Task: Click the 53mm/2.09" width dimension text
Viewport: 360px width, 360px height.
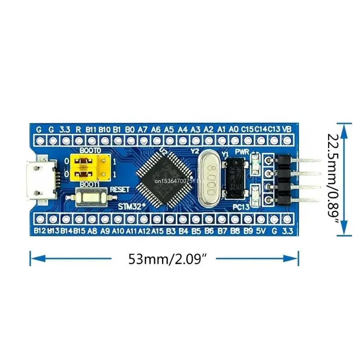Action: (x=164, y=259)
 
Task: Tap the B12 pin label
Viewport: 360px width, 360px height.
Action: (x=40, y=232)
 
